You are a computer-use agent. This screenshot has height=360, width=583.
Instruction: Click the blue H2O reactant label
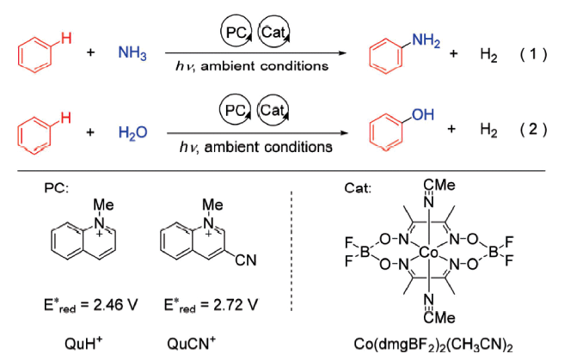133,132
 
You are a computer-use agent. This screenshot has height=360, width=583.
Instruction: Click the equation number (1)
533,55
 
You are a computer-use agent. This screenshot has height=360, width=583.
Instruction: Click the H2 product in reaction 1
488,55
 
